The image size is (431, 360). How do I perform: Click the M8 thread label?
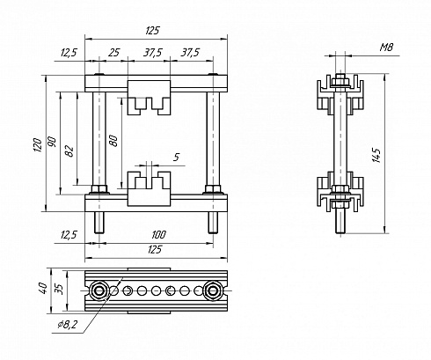(x=386, y=48)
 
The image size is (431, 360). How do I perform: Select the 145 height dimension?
(x=376, y=155)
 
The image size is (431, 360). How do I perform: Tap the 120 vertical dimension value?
(x=38, y=145)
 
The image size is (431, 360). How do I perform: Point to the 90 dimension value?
(x=52, y=142)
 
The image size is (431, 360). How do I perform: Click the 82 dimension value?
(x=70, y=151)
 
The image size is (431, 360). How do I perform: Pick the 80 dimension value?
(x=113, y=141)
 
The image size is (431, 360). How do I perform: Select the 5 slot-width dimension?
(x=176, y=158)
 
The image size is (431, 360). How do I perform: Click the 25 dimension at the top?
(x=113, y=53)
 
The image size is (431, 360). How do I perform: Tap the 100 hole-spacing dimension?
(x=158, y=235)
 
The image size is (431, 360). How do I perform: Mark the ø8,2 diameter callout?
(x=68, y=324)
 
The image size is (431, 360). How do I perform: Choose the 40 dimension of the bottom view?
(x=43, y=288)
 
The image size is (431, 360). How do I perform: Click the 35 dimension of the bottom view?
(x=59, y=289)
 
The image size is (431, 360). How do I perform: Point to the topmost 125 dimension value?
(x=152, y=31)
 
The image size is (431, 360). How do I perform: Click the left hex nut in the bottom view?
(x=99, y=290)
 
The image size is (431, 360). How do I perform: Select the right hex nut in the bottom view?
(x=213, y=290)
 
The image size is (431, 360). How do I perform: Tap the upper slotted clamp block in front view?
(x=149, y=98)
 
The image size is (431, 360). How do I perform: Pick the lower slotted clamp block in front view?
(x=149, y=188)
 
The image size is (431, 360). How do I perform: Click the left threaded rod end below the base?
(x=99, y=223)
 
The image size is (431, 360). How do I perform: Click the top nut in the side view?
(x=340, y=79)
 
